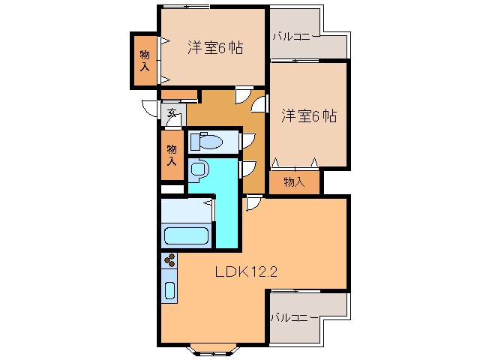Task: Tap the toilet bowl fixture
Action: tap(206, 142)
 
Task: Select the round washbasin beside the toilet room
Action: tap(198, 169)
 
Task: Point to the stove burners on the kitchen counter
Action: tap(170, 261)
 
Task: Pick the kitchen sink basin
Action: tap(169, 292)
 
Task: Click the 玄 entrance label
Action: tap(172, 114)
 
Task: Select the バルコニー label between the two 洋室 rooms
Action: tap(295, 35)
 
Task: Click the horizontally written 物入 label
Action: tap(295, 181)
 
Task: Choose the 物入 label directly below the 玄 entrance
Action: tap(172, 155)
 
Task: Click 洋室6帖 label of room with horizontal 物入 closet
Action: tap(309, 116)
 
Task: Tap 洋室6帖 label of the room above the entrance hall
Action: tap(214, 46)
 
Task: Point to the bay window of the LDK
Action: tap(214, 347)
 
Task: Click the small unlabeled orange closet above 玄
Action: tap(179, 95)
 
